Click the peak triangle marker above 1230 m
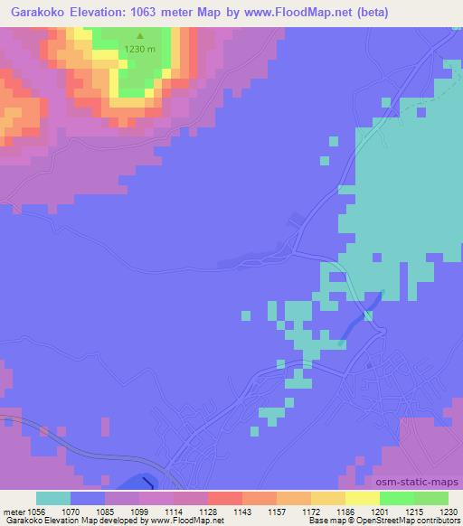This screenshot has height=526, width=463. (138, 38)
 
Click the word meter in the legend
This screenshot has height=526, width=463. (14, 512)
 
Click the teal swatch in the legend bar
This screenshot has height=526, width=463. (53, 498)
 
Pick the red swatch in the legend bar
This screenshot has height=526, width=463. (225, 498)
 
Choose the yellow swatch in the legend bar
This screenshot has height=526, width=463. (363, 498)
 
